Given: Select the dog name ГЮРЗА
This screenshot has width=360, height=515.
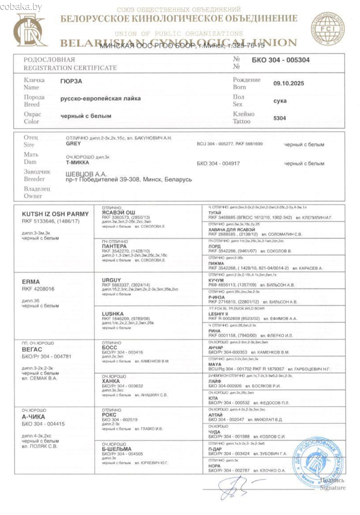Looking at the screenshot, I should pyautogui.click(x=72, y=80).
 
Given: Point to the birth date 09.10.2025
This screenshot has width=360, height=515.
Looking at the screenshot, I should pyautogui.click(x=288, y=84).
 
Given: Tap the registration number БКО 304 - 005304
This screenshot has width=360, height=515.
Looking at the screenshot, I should pyautogui.click(x=281, y=60).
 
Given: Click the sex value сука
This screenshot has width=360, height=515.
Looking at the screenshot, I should pyautogui.click(x=280, y=101).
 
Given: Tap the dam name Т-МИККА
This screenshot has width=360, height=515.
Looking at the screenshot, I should pyautogui.click(x=78, y=163).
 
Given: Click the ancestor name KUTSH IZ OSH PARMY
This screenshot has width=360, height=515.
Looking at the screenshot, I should pyautogui.click(x=55, y=214).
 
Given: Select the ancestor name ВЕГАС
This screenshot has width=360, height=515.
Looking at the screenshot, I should pyautogui.click(x=30, y=350).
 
